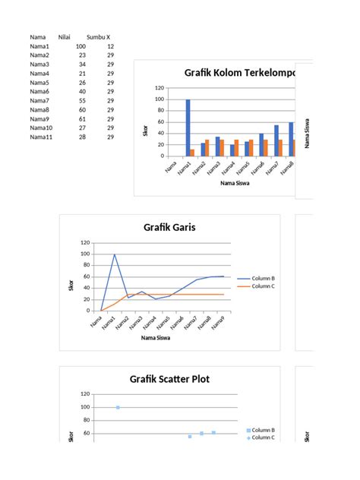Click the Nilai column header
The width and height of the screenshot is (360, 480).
point(64,36)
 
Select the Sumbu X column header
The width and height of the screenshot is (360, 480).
point(98,36)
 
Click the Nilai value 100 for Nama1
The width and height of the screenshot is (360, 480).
point(81,46)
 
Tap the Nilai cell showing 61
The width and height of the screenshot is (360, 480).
point(81,118)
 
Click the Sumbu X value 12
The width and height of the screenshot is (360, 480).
point(110,46)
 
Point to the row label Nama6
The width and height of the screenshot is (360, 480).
point(39,91)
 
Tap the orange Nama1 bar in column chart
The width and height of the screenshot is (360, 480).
point(192,152)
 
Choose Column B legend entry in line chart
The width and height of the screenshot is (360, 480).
point(262,279)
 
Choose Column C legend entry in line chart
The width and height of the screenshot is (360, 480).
point(262,286)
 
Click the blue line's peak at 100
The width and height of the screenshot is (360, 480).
point(115,254)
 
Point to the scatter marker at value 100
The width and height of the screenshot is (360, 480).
point(118,407)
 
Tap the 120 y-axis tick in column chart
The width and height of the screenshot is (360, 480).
point(159,88)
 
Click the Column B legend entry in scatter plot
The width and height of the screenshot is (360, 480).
point(263,430)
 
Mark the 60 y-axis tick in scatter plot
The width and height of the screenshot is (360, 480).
point(86,434)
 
